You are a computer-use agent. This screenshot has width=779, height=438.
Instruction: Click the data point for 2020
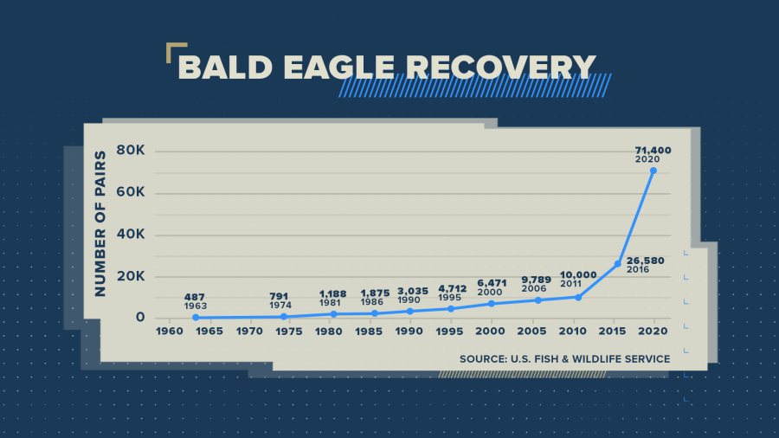coord(653,171)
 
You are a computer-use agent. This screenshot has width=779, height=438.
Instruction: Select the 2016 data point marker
coord(617,264)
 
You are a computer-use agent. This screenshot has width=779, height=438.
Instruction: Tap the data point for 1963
coord(196,318)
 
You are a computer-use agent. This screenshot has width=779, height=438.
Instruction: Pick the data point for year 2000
coord(492,304)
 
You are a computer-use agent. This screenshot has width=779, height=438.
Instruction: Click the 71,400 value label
coord(653,150)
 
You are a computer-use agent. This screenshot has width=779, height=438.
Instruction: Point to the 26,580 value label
coord(645,261)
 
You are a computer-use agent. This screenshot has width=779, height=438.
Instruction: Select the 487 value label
coord(194,297)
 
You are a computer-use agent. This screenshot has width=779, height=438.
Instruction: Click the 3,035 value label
coord(412,291)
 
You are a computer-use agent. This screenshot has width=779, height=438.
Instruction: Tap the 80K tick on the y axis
coord(131,150)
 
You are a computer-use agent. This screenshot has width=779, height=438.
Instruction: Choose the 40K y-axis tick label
coord(131,234)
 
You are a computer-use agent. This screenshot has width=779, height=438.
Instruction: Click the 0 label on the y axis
coord(140,318)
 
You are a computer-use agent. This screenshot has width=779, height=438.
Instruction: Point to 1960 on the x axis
coord(170,332)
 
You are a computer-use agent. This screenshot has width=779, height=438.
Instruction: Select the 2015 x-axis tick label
coord(612,332)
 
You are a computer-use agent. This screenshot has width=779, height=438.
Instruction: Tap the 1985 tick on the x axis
coord(369,332)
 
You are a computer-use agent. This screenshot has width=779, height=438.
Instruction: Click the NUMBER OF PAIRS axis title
coord(100,224)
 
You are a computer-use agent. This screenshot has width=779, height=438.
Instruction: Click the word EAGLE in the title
coord(339,67)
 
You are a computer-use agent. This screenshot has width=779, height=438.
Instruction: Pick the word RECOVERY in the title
coord(501,67)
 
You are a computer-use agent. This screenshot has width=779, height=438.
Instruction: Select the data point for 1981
coord(334,314)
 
